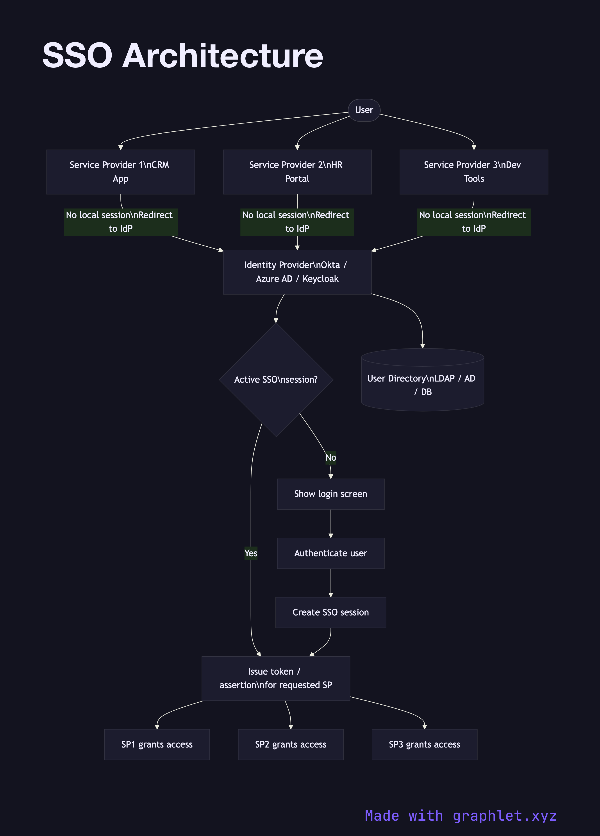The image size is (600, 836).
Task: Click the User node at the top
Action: pyautogui.click(x=364, y=110)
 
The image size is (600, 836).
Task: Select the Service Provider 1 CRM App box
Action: pyautogui.click(x=120, y=172)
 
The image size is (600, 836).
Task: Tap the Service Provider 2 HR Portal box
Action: pyautogui.click(x=297, y=172)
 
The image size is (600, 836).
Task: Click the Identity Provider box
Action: pyautogui.click(x=297, y=272)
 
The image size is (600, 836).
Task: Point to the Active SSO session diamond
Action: pyautogui.click(x=276, y=380)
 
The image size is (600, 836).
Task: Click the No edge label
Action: pyautogui.click(x=331, y=458)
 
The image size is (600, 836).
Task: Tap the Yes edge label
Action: pyautogui.click(x=251, y=553)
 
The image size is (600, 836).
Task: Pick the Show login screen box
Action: pyautogui.click(x=331, y=494)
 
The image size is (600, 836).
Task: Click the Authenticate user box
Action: pyautogui.click(x=331, y=553)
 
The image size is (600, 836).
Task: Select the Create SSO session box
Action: pyautogui.click(x=331, y=612)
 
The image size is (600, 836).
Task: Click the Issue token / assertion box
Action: pyautogui.click(x=276, y=678)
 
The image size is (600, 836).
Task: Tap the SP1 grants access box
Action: pyautogui.click(x=157, y=744)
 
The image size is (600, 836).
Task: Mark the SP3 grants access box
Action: pyautogui.click(x=424, y=744)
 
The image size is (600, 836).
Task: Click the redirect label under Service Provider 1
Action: pyautogui.click(x=120, y=222)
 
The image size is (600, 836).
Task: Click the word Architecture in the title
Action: pyautogui.click(x=223, y=56)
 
